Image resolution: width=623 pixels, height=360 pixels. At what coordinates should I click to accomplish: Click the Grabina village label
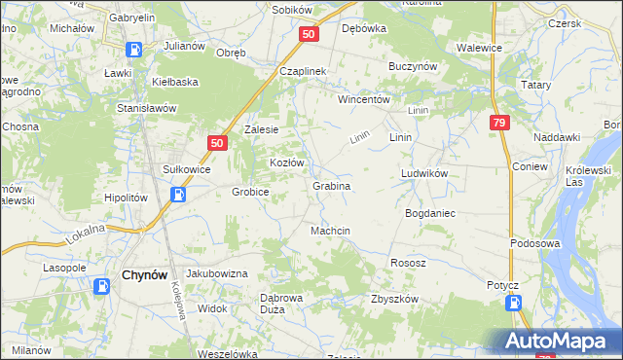tap(331, 185)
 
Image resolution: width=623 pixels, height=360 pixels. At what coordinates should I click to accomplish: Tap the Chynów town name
tap(147, 275)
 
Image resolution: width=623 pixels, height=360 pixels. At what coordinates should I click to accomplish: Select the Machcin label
tap(330, 231)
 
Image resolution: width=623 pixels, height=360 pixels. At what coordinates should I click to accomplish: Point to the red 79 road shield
tap(498, 123)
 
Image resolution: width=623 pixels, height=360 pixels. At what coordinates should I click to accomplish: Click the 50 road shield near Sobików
tap(308, 34)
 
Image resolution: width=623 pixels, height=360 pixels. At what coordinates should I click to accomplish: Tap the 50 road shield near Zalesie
tap(216, 143)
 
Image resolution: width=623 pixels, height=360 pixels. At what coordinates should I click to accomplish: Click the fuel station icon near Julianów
tap(134, 49)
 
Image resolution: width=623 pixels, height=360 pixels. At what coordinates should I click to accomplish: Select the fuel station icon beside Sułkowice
tap(179, 194)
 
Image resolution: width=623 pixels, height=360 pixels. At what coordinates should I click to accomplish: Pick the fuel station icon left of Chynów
tap(102, 286)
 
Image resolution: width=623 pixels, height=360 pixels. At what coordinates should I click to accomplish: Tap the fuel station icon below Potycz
tap(513, 303)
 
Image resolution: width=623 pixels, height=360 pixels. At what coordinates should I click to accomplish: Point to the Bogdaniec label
tap(431, 212)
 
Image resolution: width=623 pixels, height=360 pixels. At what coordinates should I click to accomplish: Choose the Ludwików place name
tap(423, 173)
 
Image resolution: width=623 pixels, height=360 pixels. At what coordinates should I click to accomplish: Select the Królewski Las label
tap(588, 175)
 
